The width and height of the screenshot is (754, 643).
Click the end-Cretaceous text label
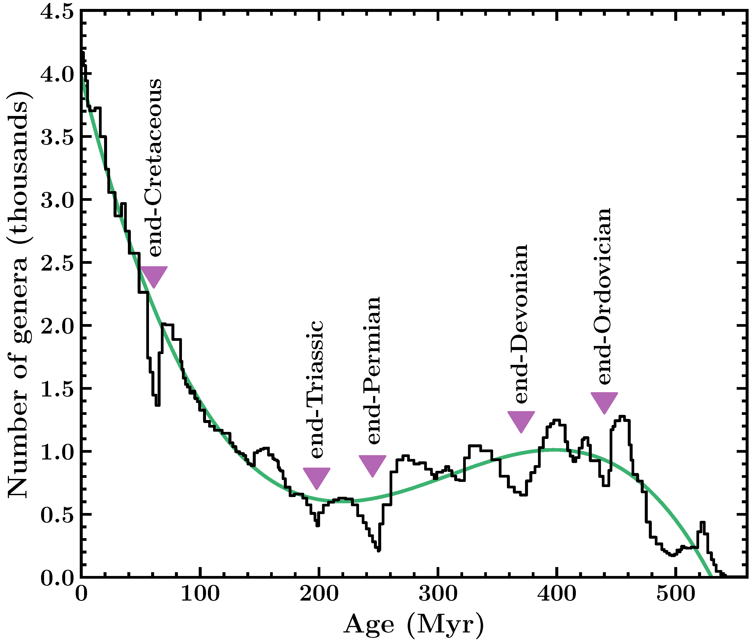pos(155,167)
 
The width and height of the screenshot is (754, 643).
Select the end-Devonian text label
pos(521,324)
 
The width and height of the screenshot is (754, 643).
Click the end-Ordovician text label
pos(604,296)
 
